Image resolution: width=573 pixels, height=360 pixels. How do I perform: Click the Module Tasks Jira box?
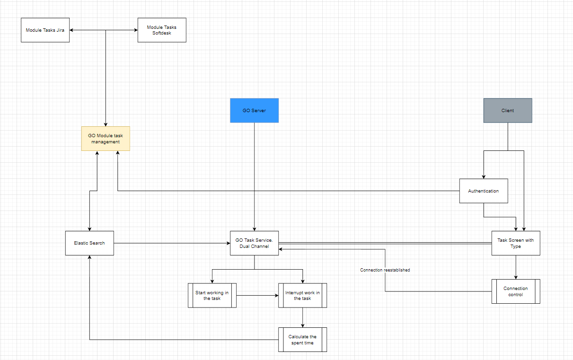45,30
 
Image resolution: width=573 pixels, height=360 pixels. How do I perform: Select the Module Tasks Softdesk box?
162,30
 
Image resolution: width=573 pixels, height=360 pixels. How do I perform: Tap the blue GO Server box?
254,110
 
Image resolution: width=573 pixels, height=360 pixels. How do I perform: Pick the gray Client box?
508,110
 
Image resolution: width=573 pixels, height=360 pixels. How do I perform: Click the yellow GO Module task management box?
106,139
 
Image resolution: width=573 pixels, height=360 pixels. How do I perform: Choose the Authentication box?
484,191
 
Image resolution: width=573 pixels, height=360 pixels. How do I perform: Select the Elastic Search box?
89,243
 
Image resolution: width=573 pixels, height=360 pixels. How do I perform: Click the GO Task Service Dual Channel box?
254,243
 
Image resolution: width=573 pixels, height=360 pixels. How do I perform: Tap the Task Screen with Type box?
516,243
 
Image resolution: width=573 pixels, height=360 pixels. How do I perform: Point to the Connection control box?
516,291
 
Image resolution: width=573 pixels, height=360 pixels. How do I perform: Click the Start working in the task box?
212,295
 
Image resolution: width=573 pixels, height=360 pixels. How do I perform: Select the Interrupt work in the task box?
302,295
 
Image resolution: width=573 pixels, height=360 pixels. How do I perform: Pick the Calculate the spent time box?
302,340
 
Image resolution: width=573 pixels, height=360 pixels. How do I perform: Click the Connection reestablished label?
385,270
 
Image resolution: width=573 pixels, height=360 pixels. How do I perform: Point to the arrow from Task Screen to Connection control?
516,267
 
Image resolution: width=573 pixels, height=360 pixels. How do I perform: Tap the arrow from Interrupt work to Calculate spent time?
302,317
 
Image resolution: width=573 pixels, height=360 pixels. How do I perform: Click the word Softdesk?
162,33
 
